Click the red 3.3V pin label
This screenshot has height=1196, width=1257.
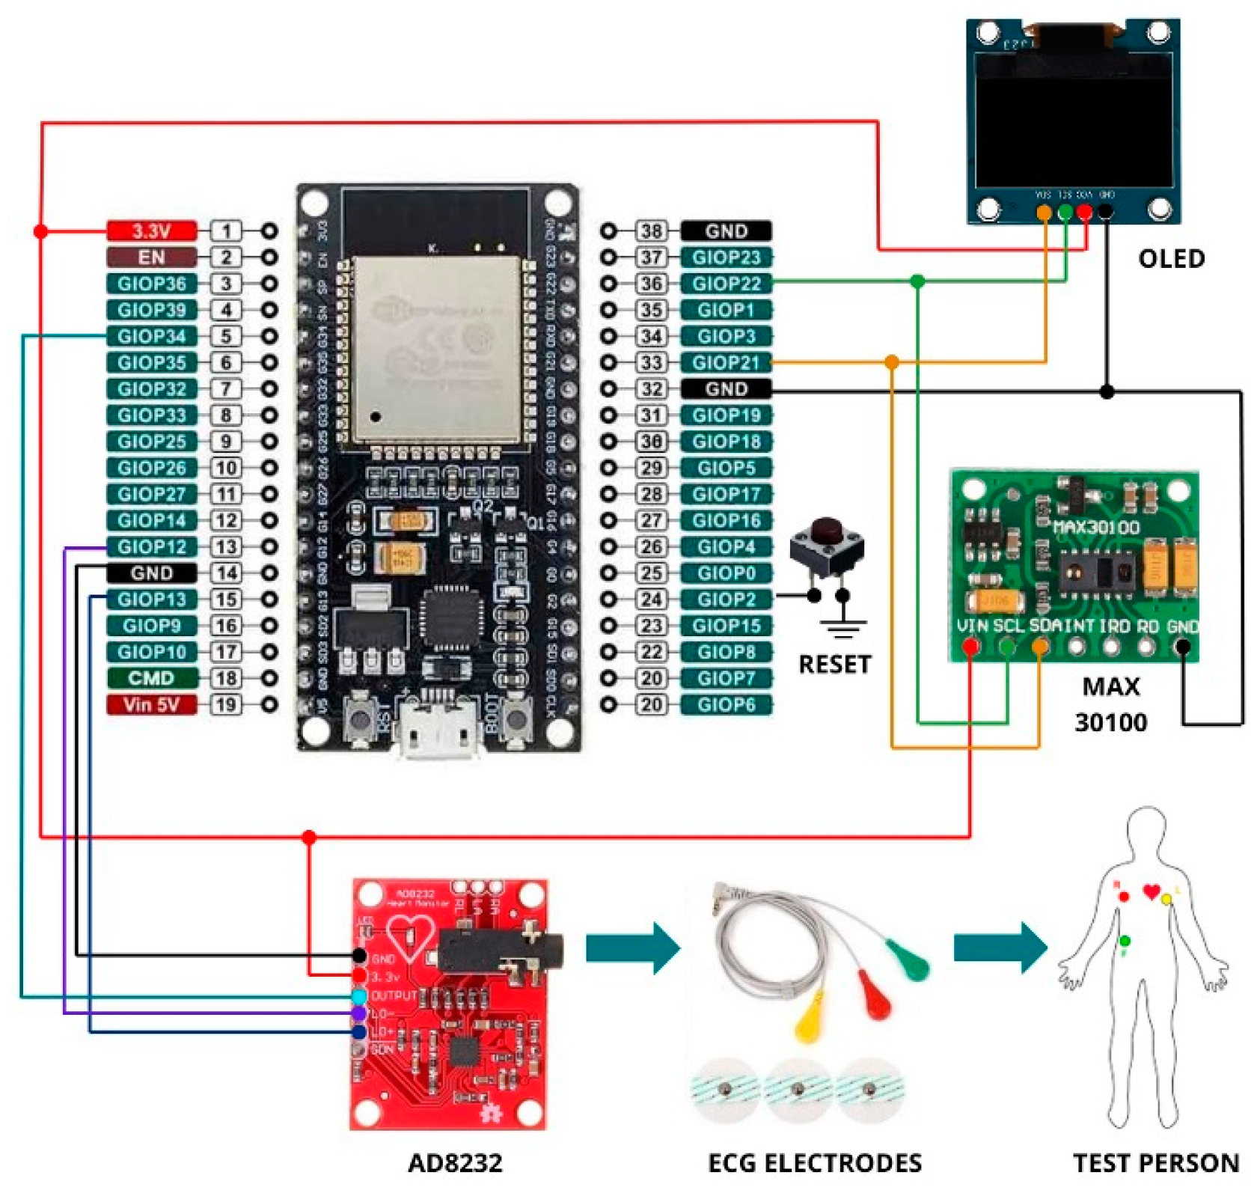click(x=151, y=231)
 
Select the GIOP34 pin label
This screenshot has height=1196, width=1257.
click(x=151, y=336)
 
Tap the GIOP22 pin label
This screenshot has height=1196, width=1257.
click(x=726, y=284)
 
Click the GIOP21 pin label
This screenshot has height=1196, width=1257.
click(x=726, y=362)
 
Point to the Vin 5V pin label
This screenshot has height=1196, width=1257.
click(x=151, y=704)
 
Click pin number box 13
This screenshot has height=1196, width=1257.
click(x=226, y=546)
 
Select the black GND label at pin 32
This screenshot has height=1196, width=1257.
click(x=726, y=388)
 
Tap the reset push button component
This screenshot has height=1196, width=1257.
click(x=827, y=550)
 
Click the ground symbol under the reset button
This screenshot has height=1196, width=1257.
click(x=843, y=627)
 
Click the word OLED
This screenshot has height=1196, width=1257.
click(x=1171, y=259)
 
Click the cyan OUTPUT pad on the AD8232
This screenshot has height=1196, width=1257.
click(x=359, y=996)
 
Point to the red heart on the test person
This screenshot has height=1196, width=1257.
click(x=1152, y=891)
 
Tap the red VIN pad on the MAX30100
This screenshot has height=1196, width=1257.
click(x=970, y=645)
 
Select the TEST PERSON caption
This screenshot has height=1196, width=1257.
click(x=1156, y=1162)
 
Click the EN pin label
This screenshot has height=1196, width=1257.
click(x=151, y=257)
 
